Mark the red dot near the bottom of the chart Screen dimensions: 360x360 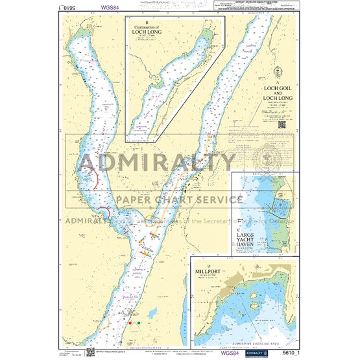(130, 322)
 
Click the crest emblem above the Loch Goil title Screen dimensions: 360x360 (278, 73)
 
